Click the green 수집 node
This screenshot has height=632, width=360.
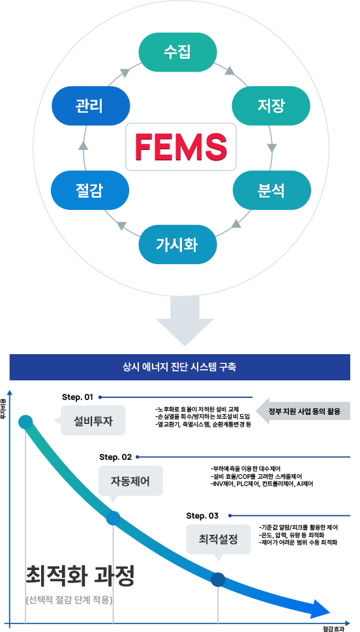tap(178, 52)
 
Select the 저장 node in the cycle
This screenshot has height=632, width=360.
tap(271, 106)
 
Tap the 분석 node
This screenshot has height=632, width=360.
tap(271, 190)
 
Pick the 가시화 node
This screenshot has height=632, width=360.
tap(178, 245)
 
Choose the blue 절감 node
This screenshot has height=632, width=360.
tap(90, 190)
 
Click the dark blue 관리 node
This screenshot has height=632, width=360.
tap(90, 106)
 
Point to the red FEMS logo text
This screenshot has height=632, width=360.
tap(180, 147)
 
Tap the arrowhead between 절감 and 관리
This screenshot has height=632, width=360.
tap(83, 146)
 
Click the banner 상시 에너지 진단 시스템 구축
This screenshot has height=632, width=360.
tap(180, 367)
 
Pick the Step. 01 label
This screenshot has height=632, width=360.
tap(78, 397)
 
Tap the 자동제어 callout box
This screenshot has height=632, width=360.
tap(130, 481)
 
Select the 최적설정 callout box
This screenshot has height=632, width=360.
tap(218, 539)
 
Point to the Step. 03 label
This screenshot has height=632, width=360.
tap(202, 515)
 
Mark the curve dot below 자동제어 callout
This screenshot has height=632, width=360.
tap(113, 519)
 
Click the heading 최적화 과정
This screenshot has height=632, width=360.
tap(80, 577)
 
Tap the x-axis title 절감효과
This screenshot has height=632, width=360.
tap(334, 628)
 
